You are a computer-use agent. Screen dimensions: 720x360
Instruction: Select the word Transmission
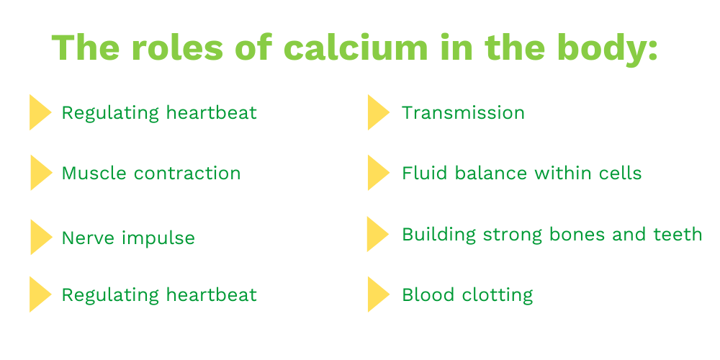tap(463, 112)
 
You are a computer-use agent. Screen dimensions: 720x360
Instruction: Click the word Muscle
tap(94, 173)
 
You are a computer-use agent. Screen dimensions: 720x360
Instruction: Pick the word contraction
tap(187, 174)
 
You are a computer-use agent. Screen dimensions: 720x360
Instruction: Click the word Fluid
tap(423, 173)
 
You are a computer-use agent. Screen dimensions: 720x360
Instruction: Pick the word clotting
tap(498, 295)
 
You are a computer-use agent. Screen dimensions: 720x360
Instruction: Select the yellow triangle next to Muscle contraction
tap(40, 173)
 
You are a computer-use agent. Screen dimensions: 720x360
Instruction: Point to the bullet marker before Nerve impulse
tap(40, 237)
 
